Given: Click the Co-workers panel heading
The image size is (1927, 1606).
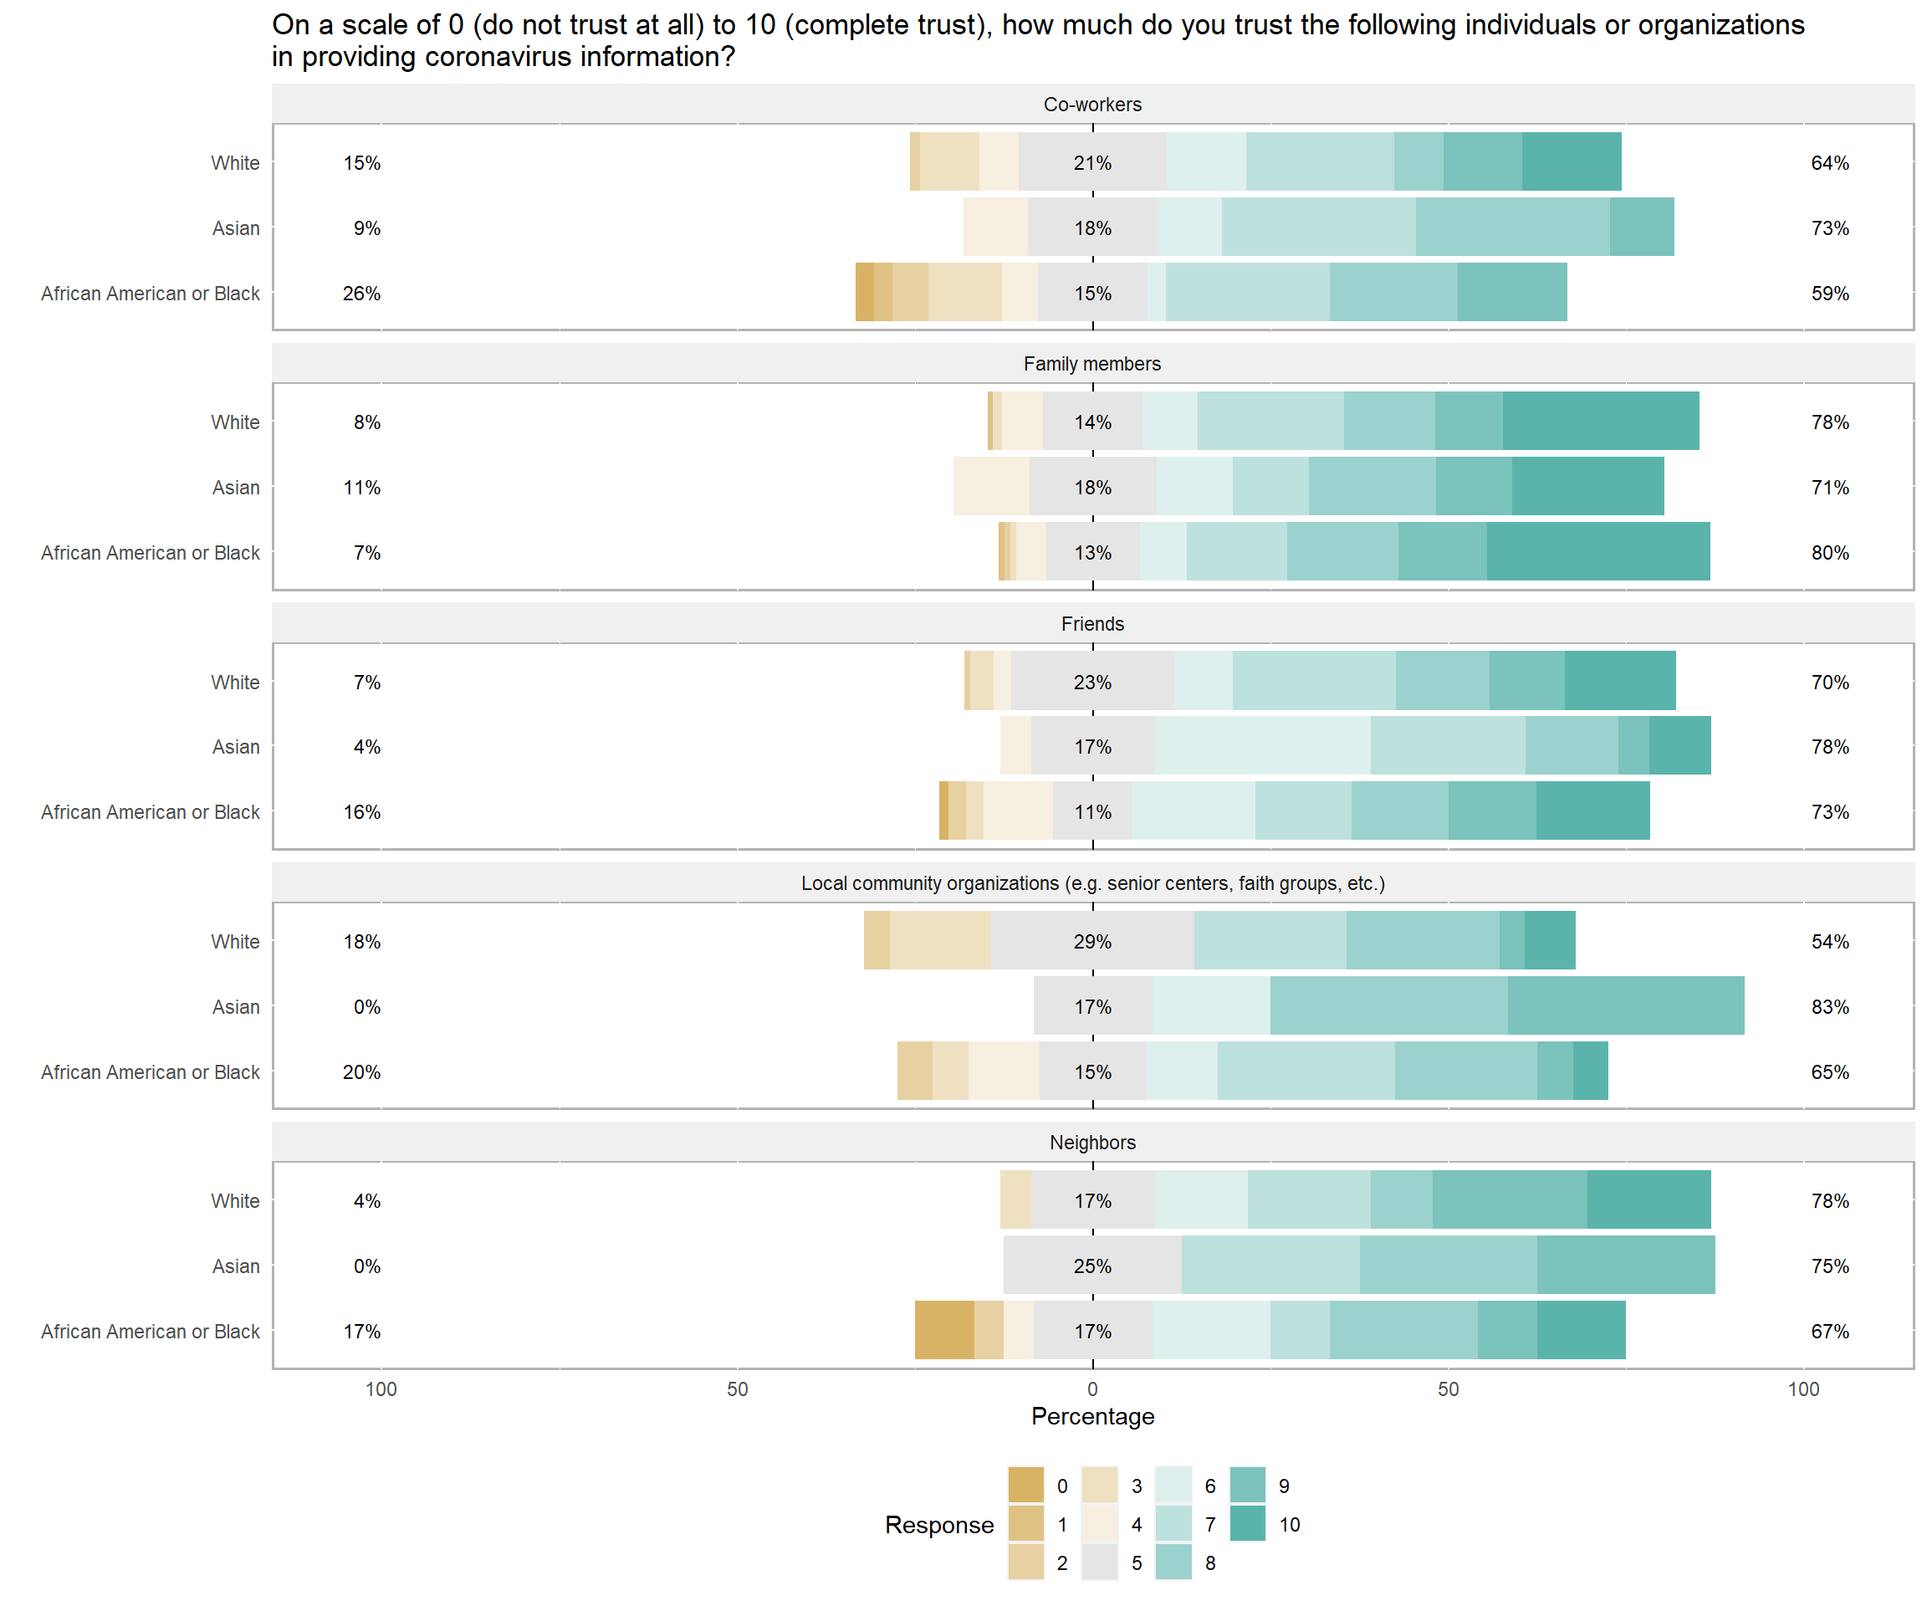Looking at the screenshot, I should click(x=1092, y=105).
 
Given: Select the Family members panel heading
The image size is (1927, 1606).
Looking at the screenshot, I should click(x=1092, y=365).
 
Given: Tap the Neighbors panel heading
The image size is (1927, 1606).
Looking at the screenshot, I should click(x=1092, y=1143).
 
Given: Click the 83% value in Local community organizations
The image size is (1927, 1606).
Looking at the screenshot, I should click(x=1830, y=1007).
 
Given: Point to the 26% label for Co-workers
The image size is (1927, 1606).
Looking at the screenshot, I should click(x=361, y=294).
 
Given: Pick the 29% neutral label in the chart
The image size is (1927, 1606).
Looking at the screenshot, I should click(x=1092, y=942).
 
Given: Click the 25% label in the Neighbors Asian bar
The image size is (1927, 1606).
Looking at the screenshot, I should click(x=1092, y=1266).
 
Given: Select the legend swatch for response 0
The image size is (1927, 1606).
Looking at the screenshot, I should click(x=1026, y=1485).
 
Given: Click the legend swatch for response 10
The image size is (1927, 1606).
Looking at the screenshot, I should click(x=1247, y=1523).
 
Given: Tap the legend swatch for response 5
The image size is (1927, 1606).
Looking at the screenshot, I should click(x=1099, y=1562).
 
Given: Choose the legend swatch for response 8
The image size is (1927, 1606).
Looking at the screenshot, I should click(x=1173, y=1562).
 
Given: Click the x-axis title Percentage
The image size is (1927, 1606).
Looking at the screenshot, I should click(x=1092, y=1416).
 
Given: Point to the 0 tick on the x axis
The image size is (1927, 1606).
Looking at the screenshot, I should click(x=1092, y=1389).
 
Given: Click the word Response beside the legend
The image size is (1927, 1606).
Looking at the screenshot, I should click(x=938, y=1524).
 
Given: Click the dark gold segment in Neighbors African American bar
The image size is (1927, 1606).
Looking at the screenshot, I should click(x=944, y=1330).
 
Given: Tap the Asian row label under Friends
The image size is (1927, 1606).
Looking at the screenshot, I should click(x=236, y=747).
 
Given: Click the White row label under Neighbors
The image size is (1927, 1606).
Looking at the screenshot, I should click(x=235, y=1201).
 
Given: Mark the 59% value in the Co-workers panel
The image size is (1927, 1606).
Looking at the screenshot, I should click(x=1830, y=294).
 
